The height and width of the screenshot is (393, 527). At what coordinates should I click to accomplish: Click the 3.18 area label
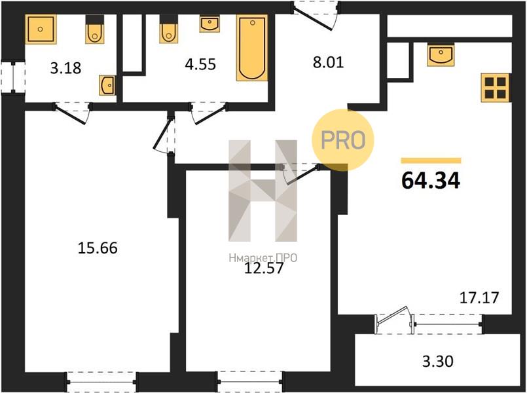[x=66, y=68]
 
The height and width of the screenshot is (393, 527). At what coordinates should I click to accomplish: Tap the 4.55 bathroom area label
[x=200, y=64]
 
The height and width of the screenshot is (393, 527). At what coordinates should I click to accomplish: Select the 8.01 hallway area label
[x=329, y=62]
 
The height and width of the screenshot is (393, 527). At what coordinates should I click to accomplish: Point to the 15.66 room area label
[x=98, y=248]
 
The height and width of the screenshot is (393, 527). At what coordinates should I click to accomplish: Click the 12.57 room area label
[x=264, y=269]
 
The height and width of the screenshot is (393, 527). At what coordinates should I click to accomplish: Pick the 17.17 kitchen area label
[x=479, y=297]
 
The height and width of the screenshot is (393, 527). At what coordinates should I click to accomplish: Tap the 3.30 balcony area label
[x=438, y=362]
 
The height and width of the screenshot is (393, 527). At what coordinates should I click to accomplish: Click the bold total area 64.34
[x=431, y=181]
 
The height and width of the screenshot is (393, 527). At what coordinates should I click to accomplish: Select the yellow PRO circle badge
[x=343, y=140]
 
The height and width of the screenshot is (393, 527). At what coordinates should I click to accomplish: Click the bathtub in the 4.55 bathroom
[x=252, y=47]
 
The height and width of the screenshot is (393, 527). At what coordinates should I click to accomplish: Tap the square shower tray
[x=41, y=29]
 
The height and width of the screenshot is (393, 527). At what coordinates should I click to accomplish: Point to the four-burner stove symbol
[x=496, y=87]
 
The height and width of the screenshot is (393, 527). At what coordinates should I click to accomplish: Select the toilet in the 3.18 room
[x=95, y=29]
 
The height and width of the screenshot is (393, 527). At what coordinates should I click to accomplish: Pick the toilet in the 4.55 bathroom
[x=168, y=29]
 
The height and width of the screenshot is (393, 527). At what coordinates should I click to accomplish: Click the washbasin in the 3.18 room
[x=107, y=85]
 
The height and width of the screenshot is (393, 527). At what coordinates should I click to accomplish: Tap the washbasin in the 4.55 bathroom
[x=209, y=24]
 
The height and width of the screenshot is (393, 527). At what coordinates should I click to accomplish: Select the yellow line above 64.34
[x=431, y=160]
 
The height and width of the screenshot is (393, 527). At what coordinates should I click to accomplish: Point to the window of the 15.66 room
[x=101, y=382]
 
